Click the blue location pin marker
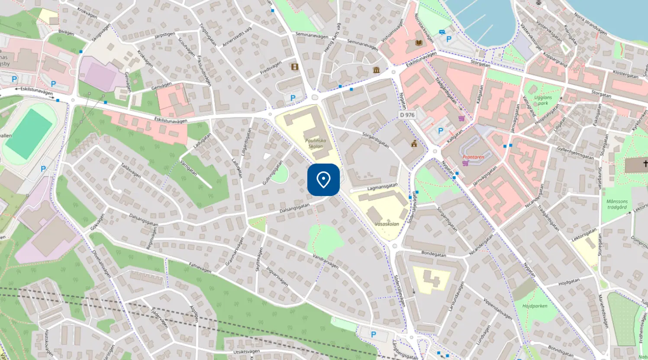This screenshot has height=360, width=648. point(323,180)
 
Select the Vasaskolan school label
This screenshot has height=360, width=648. point(387,224)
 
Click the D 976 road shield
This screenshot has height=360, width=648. point(407,115)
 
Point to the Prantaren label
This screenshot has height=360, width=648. point(473,157)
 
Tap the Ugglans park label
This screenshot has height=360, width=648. point(543,100)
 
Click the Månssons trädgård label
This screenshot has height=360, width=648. point(617,204)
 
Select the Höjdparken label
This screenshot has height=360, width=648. point(535,306)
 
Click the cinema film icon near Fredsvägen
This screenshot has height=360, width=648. point(295,67)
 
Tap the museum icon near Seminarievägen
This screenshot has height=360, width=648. point(376,70)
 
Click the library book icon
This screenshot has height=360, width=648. point(419,43)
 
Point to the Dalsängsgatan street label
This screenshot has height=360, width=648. point(294,208)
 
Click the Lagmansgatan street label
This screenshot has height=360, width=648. point(382,187)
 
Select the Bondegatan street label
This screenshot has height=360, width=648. point(433,254)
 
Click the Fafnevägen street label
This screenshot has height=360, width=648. point(200,267)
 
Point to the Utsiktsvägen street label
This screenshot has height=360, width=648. point(246,352)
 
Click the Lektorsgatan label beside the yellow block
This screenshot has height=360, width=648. point(584,235)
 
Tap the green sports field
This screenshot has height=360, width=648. point(29,133)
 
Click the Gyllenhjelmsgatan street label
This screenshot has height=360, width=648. point(575,152)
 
